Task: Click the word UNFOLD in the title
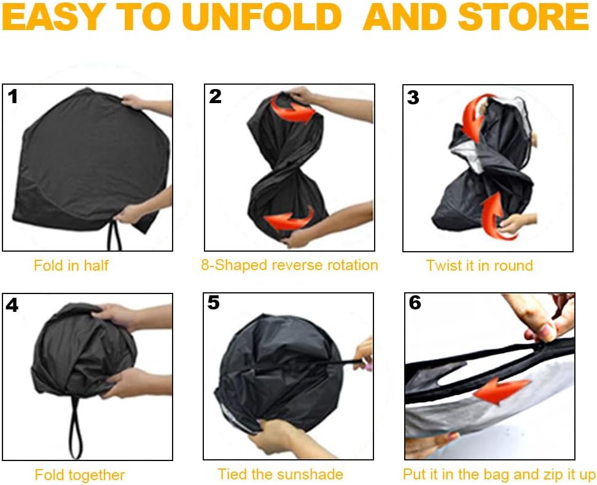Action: pyautogui.click(x=262, y=17)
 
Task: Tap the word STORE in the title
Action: pyautogui.click(x=523, y=17)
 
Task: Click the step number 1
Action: pyautogui.click(x=13, y=96)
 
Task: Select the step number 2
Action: pyautogui.click(x=215, y=96)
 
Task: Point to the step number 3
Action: pyautogui.click(x=413, y=98)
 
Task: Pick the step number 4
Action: pyautogui.click(x=12, y=305)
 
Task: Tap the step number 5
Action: pyautogui.click(x=214, y=303)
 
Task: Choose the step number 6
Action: pyautogui.click(x=415, y=303)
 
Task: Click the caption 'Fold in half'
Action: pyautogui.click(x=71, y=265)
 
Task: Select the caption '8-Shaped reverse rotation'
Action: pyautogui.click(x=289, y=265)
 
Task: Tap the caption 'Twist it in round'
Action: pyautogui.click(x=480, y=265)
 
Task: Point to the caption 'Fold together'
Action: pyautogui.click(x=80, y=475)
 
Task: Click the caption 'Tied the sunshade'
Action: pyautogui.click(x=280, y=475)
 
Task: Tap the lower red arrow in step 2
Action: pyautogui.click(x=289, y=219)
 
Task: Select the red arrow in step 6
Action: pyautogui.click(x=501, y=390)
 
